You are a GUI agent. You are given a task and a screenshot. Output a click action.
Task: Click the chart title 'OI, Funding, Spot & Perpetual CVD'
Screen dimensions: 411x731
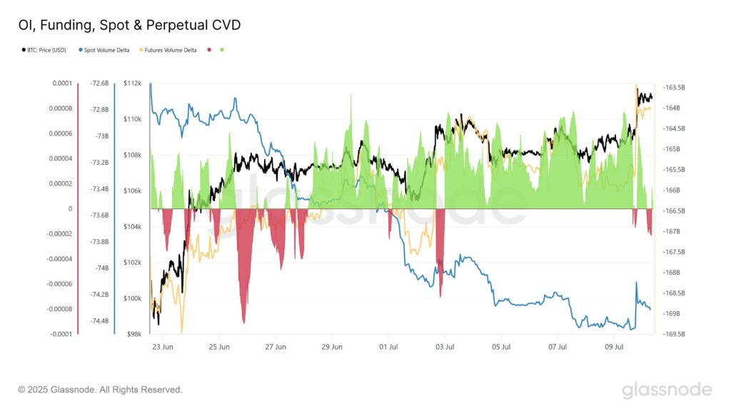click(x=129, y=26)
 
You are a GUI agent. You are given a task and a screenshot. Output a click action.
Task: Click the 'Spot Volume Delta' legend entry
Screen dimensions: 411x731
click(x=107, y=50)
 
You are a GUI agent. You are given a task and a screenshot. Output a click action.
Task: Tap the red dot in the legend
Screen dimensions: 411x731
click(x=209, y=50)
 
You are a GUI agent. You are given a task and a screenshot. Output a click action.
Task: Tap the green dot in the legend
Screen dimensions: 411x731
click(x=222, y=50)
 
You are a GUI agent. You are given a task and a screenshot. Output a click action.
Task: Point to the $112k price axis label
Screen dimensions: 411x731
click(x=132, y=83)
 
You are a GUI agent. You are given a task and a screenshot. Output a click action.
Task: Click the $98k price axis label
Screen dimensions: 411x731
click(x=133, y=334)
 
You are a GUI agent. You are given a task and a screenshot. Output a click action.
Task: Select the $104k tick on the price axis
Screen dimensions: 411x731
click(x=132, y=227)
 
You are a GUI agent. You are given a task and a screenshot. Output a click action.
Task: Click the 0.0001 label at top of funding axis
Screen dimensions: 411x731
click(x=62, y=83)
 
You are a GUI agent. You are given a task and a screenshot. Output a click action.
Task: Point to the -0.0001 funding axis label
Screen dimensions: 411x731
click(x=61, y=334)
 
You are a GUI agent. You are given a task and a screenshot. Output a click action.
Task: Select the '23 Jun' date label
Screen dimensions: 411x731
click(x=163, y=347)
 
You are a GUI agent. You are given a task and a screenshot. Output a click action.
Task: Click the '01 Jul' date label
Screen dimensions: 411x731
click(x=388, y=347)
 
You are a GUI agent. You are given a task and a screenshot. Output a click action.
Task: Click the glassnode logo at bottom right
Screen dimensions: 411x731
click(x=667, y=390)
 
